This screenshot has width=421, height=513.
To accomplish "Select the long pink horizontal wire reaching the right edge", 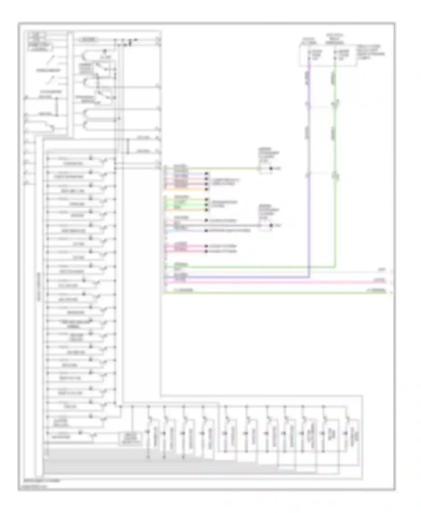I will tap(281, 282).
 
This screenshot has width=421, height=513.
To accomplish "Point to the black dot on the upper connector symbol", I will tap(271, 168).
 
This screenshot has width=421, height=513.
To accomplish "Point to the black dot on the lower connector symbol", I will tap(271, 225).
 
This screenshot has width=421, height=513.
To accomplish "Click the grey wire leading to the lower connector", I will tap(225, 225).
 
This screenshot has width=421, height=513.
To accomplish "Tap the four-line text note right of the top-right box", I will tap(370, 52).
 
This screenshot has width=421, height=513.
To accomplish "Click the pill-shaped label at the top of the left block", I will tap(89, 40).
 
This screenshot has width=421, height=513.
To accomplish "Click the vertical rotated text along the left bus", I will tap(38, 286).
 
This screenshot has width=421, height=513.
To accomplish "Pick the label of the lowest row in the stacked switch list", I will tap(61, 437).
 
